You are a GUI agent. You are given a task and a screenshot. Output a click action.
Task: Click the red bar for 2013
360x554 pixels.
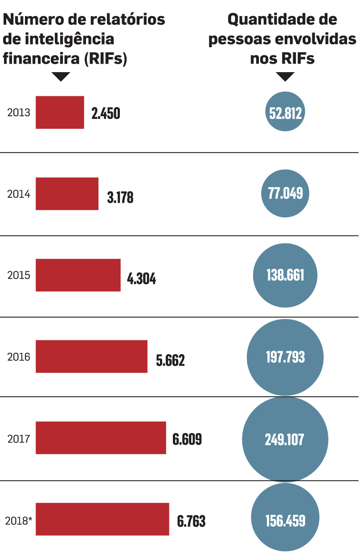[x=60, y=112]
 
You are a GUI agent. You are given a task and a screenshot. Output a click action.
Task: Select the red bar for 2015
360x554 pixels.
[x=78, y=275]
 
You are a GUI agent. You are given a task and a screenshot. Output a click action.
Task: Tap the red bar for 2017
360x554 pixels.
[x=101, y=438]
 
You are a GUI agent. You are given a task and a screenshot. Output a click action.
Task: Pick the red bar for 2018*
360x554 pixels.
[x=102, y=519]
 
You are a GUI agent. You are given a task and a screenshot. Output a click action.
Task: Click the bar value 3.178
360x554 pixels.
[x=120, y=197]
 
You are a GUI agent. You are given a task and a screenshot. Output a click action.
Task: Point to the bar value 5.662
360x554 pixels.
[x=170, y=360]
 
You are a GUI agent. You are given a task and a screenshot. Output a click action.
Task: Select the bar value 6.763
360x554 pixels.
[x=191, y=521]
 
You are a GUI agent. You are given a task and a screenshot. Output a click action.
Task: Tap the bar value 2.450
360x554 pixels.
[x=106, y=114]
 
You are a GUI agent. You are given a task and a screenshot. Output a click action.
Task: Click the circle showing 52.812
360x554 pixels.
[x=286, y=113]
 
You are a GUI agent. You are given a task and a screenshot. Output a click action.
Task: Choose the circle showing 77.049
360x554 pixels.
[x=285, y=193]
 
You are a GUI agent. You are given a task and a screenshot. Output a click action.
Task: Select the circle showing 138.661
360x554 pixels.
[x=285, y=275]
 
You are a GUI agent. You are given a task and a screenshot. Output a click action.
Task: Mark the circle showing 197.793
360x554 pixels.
[x=285, y=357]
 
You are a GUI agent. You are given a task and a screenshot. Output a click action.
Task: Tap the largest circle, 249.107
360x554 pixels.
[x=285, y=439]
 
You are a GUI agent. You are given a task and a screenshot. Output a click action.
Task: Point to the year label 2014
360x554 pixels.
[x=19, y=194]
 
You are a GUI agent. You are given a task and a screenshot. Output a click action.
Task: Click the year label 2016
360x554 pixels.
[x=19, y=357]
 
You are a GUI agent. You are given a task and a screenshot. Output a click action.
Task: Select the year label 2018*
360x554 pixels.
[x=19, y=520]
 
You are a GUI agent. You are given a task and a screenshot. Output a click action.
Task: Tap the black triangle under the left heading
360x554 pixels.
[x=61, y=76]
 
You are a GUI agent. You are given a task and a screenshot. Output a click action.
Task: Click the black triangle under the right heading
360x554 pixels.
[x=286, y=76]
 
